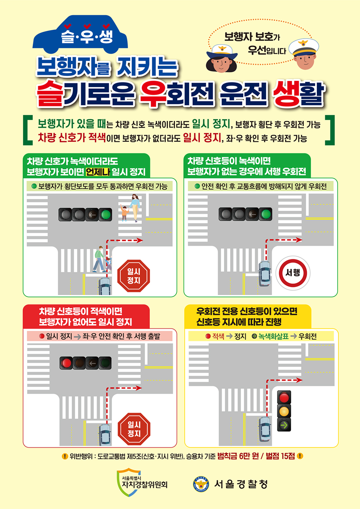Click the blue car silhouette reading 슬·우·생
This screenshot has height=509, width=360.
(80, 35)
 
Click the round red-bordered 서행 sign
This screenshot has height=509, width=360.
(293, 273)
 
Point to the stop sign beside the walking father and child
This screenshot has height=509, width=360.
(134, 276)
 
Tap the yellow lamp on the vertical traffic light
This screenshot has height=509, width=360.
(284, 411)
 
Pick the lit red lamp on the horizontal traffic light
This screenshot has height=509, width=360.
(66, 363)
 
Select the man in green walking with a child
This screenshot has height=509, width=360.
(99, 259)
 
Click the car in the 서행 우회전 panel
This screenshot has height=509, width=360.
(264, 274)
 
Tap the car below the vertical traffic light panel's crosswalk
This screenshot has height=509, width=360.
(265, 429)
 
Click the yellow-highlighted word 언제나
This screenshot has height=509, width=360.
(98, 172)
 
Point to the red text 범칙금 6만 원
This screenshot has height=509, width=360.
(238, 456)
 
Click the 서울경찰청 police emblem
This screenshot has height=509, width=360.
(201, 484)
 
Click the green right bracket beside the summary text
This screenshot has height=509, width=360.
(330, 130)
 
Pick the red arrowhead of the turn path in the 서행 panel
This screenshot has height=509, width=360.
(299, 240)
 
